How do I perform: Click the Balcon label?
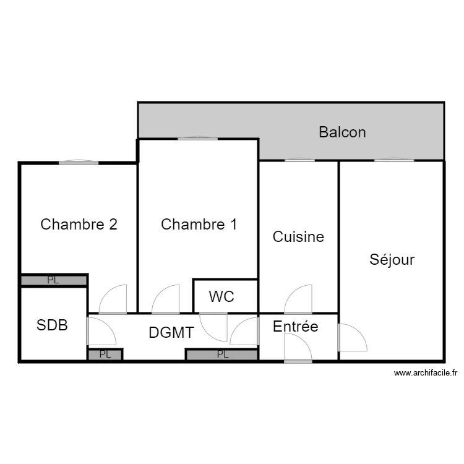342,132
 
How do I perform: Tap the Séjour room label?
392,259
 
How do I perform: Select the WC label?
221,296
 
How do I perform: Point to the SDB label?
52,325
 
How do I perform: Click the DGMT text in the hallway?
171,332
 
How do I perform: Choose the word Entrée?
295,326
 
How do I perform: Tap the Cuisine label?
298,236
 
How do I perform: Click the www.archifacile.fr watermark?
425,373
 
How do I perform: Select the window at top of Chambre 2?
79,163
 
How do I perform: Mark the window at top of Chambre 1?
197,139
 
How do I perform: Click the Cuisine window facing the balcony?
299,160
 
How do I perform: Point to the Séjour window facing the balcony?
393,160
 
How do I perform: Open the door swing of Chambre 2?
113,300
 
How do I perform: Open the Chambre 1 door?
166,300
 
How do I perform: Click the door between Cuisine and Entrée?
298,300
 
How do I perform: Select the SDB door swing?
100,331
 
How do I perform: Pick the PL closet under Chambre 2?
53,280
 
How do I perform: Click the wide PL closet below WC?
222,354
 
